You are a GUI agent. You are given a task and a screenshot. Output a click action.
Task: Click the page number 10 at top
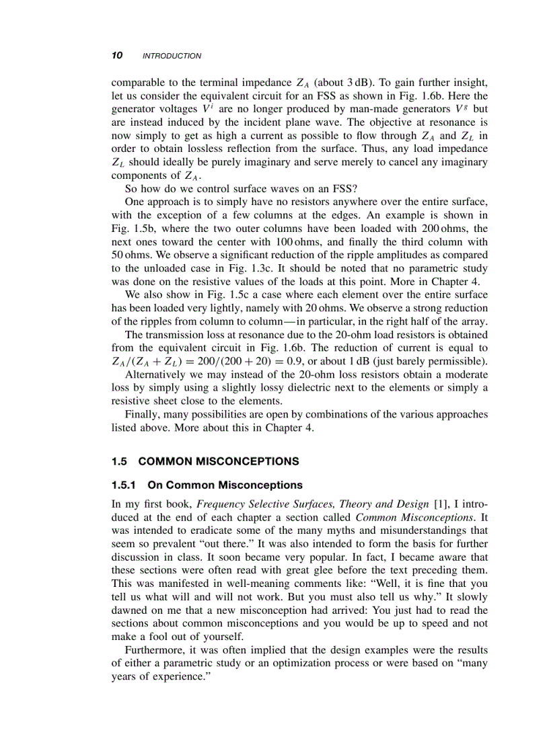pos(116,55)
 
